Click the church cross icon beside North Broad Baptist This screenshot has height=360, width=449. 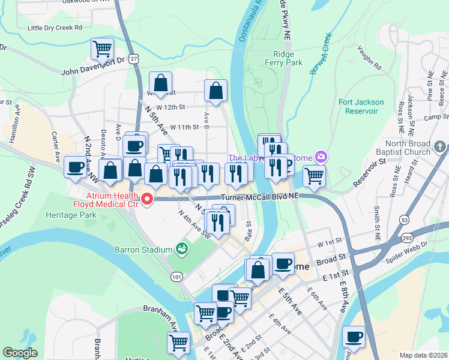click(441, 146)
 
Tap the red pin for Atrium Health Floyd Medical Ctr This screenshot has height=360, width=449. click(146, 199)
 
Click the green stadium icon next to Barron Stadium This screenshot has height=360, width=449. click(181, 248)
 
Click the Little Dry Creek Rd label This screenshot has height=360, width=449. click(55, 28)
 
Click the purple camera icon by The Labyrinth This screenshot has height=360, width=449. click(322, 157)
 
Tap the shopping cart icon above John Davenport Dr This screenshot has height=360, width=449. click(102, 48)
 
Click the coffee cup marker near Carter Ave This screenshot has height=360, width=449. click(75, 167)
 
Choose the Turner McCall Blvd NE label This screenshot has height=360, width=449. click(259, 197)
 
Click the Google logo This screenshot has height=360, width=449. click(20, 353)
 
